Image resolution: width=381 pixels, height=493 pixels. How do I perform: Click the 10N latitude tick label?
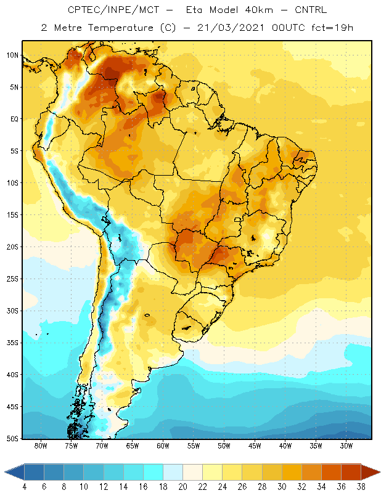[x=12, y=55]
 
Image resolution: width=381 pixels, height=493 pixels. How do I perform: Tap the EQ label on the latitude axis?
[x=14, y=119]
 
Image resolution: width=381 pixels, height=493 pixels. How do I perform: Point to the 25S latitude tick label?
[x=12, y=279]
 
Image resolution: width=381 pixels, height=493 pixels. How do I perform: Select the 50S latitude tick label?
[x=12, y=439]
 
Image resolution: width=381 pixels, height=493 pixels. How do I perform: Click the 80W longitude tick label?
[x=41, y=446]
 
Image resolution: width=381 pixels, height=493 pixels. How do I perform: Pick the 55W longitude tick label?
[x=194, y=446]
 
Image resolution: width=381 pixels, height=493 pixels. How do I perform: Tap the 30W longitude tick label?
[x=346, y=446]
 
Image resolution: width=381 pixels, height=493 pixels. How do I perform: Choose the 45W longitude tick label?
[x=255, y=446]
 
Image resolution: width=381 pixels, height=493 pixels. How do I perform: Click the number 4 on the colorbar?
[x=24, y=487]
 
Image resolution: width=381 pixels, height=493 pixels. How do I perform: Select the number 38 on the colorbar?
[x=361, y=487]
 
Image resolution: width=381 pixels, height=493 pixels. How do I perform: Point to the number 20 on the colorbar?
[x=182, y=487]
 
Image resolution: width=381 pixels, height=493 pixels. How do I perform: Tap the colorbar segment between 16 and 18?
[x=154, y=472]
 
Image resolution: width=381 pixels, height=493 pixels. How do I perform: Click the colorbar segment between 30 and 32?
[x=292, y=472]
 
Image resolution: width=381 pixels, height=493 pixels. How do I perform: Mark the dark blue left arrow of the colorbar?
[x=14, y=472]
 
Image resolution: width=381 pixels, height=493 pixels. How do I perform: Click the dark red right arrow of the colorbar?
[x=371, y=472]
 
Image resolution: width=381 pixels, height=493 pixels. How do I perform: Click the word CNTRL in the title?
[x=311, y=10]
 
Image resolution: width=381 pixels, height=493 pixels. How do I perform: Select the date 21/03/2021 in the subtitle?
[x=231, y=28]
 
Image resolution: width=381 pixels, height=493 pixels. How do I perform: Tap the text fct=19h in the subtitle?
[x=332, y=28]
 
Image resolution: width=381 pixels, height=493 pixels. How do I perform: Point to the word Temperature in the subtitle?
[x=120, y=28]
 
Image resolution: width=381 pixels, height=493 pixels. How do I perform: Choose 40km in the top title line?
[x=259, y=10]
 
